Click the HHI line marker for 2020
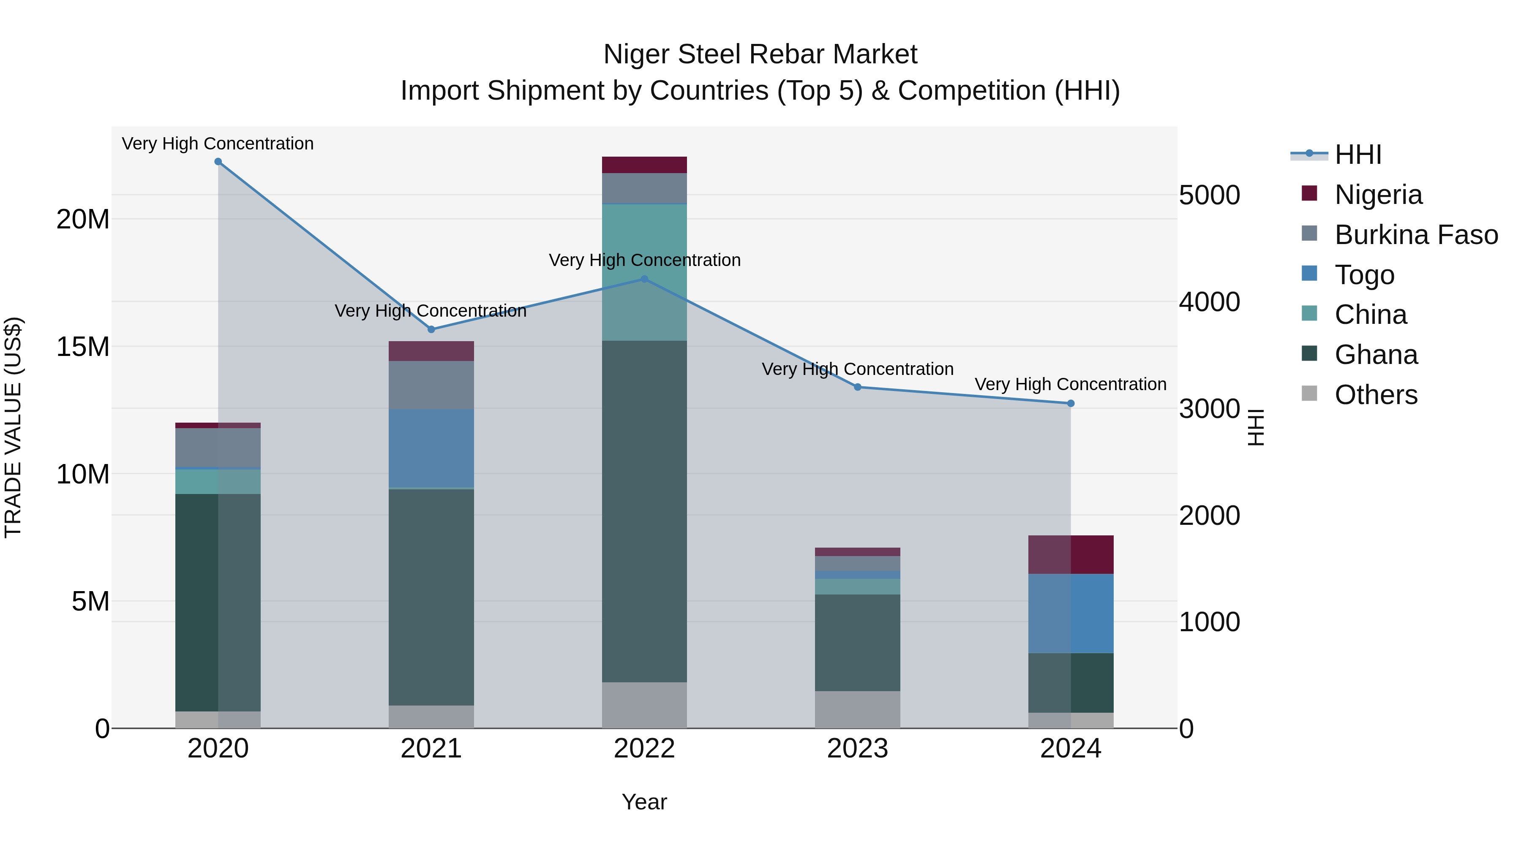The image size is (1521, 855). (x=218, y=162)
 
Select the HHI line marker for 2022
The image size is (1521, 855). (x=644, y=279)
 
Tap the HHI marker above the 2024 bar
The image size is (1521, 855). (x=1071, y=404)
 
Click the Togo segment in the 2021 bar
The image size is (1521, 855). (x=431, y=448)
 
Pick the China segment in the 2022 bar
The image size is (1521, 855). (x=644, y=272)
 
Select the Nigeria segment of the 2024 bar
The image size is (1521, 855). (x=1071, y=555)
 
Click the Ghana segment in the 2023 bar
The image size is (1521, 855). (x=857, y=643)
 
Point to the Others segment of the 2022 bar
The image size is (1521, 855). (x=644, y=705)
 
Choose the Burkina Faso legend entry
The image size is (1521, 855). (x=1416, y=235)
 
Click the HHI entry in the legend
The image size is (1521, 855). (x=1358, y=155)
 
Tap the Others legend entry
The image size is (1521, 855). (x=1376, y=395)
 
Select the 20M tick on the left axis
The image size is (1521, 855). (x=83, y=220)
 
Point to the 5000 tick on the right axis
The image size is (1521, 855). (x=1209, y=195)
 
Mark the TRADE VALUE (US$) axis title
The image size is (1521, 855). (x=13, y=427)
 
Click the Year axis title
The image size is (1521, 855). (x=644, y=802)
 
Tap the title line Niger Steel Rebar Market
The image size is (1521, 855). (x=760, y=54)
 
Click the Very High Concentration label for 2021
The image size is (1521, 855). (x=431, y=311)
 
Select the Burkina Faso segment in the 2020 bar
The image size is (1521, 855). (x=218, y=448)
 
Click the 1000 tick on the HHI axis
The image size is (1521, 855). (x=1209, y=622)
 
